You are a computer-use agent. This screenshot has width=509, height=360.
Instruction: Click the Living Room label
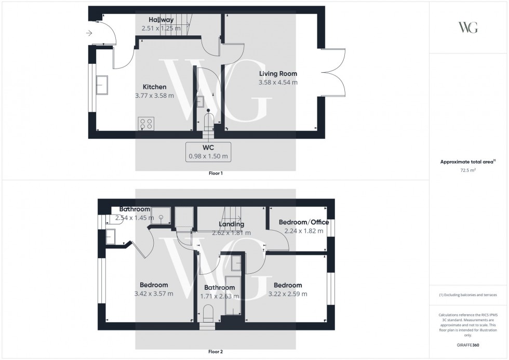click(278, 74)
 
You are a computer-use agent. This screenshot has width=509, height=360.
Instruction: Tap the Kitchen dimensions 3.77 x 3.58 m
click(155, 96)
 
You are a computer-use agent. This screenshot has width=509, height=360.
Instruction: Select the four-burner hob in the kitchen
click(146, 124)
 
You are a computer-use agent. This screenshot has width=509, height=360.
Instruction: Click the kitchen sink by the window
click(101, 85)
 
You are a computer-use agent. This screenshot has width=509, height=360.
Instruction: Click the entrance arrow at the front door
click(89, 33)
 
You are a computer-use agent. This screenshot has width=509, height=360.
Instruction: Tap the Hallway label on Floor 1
click(161, 20)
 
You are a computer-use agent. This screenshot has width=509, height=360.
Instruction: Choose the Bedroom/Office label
click(304, 222)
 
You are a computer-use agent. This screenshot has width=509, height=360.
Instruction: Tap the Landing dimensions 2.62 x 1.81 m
click(231, 233)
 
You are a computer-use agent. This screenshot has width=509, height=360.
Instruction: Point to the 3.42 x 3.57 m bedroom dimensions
click(154, 294)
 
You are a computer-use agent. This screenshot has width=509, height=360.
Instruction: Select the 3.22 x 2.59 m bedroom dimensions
click(288, 294)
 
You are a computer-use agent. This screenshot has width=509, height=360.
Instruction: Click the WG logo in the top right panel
click(468, 28)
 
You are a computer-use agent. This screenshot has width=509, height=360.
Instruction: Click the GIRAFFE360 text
click(468, 345)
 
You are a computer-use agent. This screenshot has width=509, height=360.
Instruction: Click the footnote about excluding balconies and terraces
click(468, 295)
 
